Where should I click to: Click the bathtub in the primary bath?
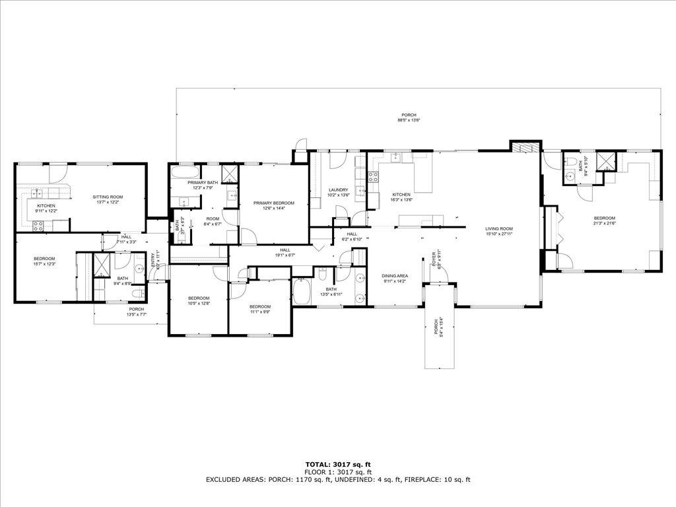click(180, 173)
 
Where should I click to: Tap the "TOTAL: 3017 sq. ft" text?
click(337, 464)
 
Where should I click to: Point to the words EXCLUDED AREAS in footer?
click(234, 480)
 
